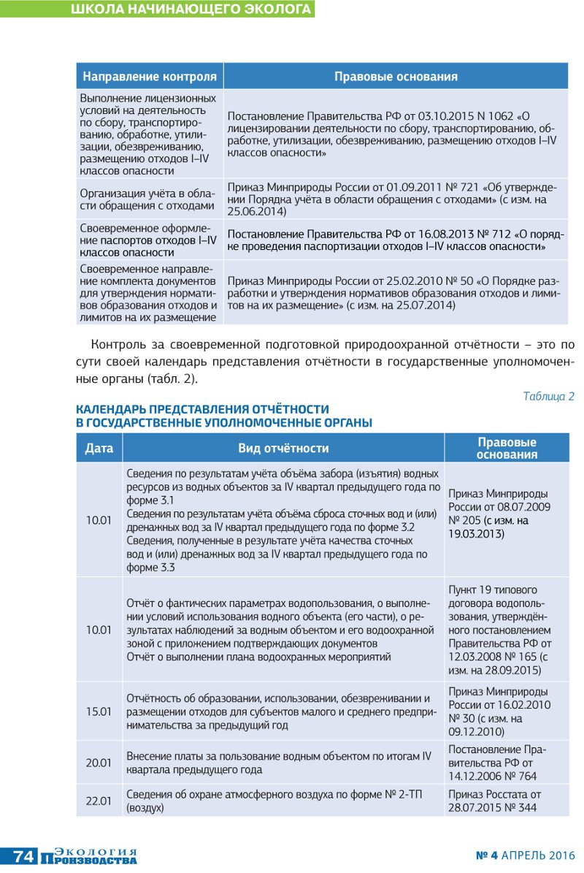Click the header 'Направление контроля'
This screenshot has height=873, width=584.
click(x=150, y=77)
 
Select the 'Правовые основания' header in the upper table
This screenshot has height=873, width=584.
click(x=396, y=77)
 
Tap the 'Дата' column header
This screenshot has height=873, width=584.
click(x=99, y=448)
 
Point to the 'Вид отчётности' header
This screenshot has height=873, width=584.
click(x=283, y=448)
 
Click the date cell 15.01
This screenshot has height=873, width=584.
click(x=99, y=709)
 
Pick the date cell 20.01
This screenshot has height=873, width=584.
click(x=99, y=763)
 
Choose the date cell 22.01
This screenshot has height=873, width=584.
click(x=99, y=801)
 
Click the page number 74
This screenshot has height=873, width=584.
click(x=23, y=857)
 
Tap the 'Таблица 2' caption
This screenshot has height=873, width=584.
click(x=548, y=396)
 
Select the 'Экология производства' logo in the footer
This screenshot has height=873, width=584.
click(x=95, y=856)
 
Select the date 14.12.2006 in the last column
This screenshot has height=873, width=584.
click(x=476, y=776)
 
